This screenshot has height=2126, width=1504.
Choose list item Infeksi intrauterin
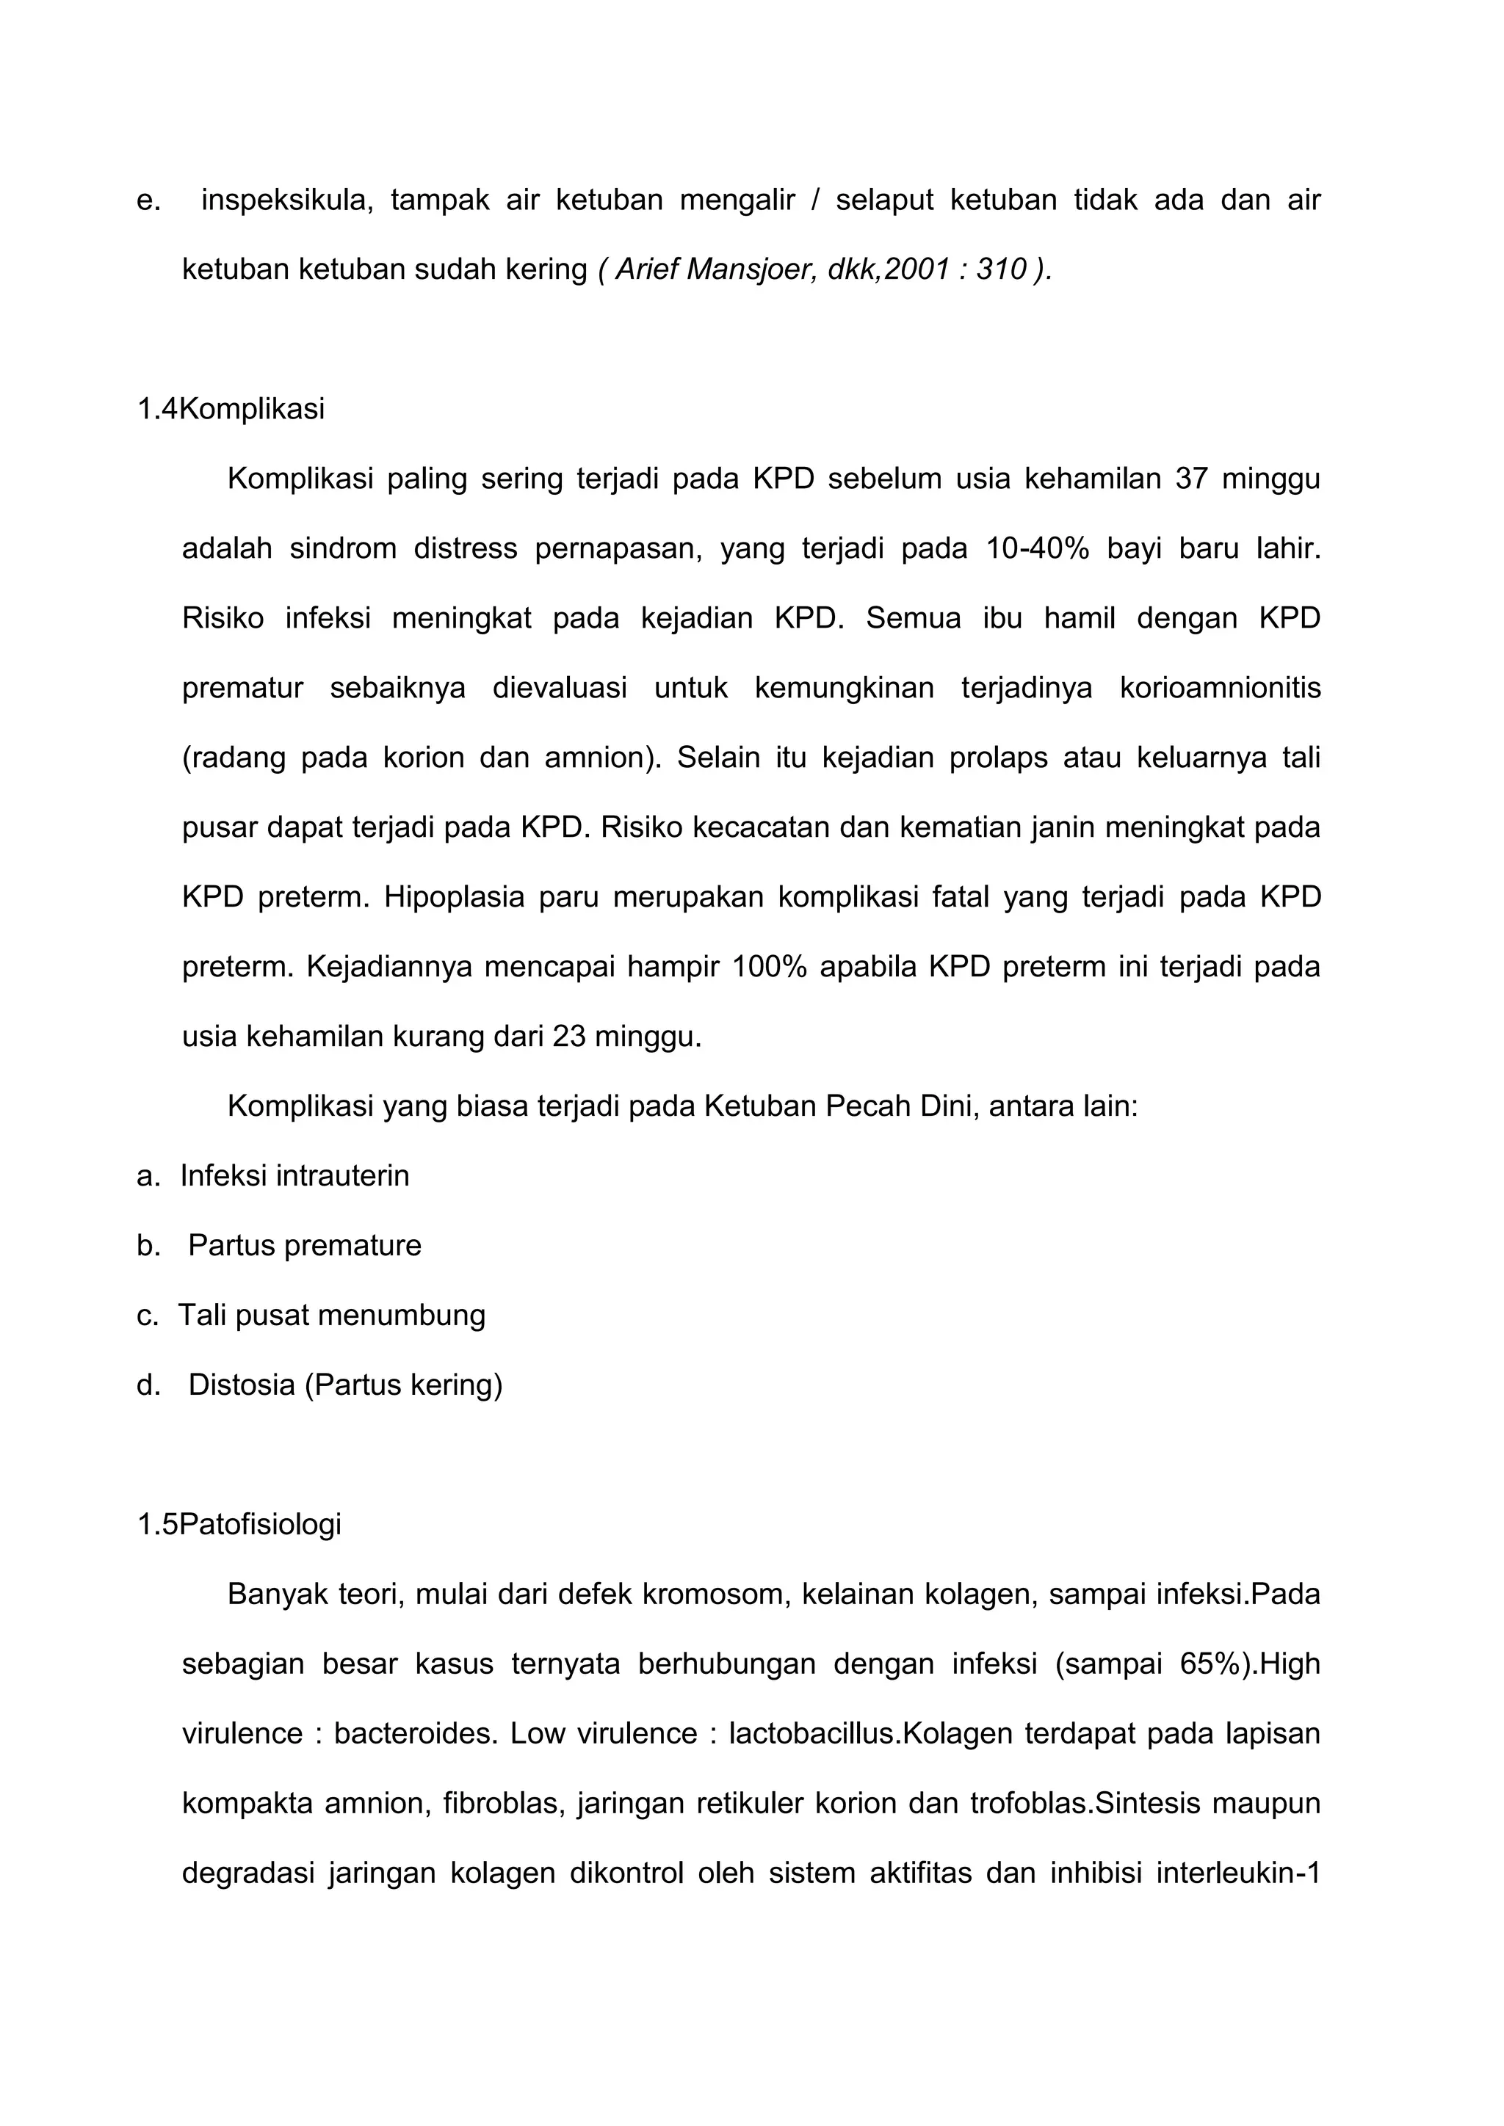coord(294,1176)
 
